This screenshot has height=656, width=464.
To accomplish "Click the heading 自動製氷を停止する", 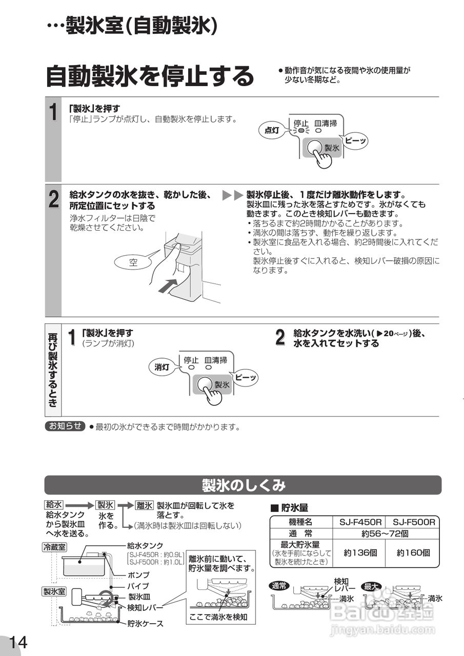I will click(150, 77).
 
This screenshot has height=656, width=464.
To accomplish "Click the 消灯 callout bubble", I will click(162, 367).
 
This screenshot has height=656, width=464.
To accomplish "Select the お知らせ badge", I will click(65, 426).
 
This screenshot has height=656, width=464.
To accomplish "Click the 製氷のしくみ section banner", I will click(243, 485).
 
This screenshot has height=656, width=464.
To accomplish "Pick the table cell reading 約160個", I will click(413, 553).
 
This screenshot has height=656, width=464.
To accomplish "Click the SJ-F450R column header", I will click(360, 522).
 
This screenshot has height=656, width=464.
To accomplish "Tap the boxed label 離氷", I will click(144, 505).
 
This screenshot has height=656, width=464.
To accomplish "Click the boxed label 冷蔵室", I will click(54, 547).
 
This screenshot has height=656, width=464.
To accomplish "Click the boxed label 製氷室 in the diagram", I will click(54, 591).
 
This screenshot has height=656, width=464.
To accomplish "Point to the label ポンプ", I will click(138, 575).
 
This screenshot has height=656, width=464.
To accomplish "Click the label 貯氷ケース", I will click(145, 624).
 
